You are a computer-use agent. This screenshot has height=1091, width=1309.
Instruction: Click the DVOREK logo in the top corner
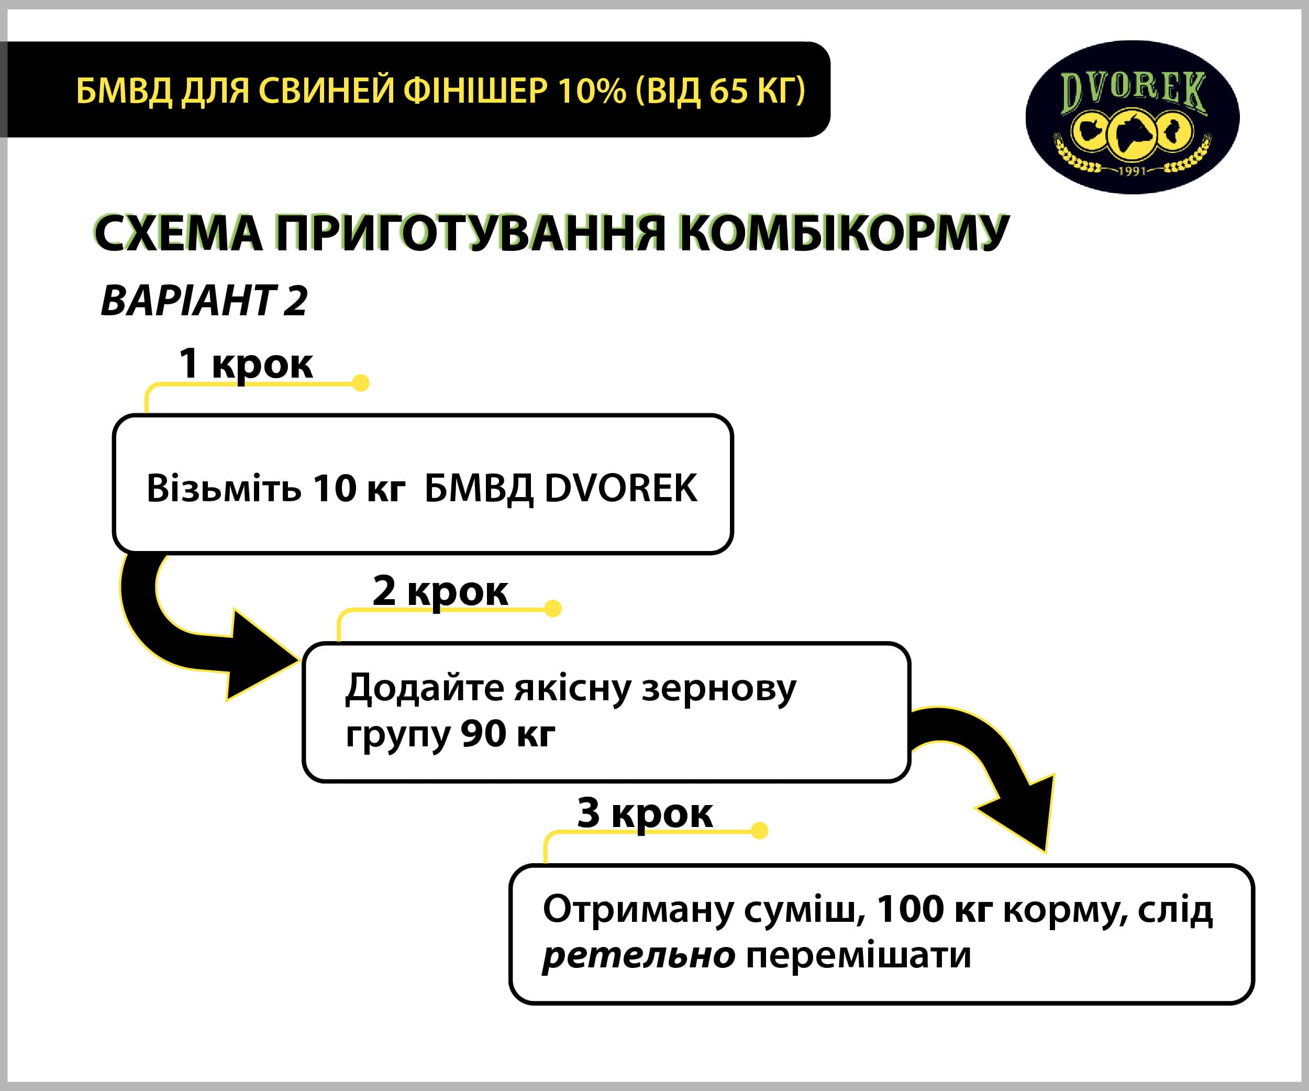coord(1132,117)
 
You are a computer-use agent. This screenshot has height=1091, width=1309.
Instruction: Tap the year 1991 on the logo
coord(1132,170)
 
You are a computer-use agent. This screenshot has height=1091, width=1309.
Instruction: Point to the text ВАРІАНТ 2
coord(204,301)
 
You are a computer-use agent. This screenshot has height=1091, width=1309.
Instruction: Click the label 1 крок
coord(246,363)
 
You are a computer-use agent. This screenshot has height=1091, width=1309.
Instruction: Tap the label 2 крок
coord(440,590)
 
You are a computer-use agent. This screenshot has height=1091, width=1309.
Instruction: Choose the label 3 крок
coord(645,813)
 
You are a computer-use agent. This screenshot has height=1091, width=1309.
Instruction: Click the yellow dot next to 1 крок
coord(360,382)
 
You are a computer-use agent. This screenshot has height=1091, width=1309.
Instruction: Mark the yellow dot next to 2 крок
coord(553,609)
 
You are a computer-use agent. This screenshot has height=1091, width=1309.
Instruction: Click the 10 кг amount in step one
coord(359,488)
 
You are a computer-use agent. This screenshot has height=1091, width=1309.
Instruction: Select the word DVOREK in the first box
coord(621,488)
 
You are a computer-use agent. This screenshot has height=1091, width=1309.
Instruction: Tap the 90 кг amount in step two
coord(508,734)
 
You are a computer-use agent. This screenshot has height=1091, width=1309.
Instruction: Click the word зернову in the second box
coord(719,689)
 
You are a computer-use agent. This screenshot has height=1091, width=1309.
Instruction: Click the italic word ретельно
coord(639,956)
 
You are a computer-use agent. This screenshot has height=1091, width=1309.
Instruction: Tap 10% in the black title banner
coord(592,91)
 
